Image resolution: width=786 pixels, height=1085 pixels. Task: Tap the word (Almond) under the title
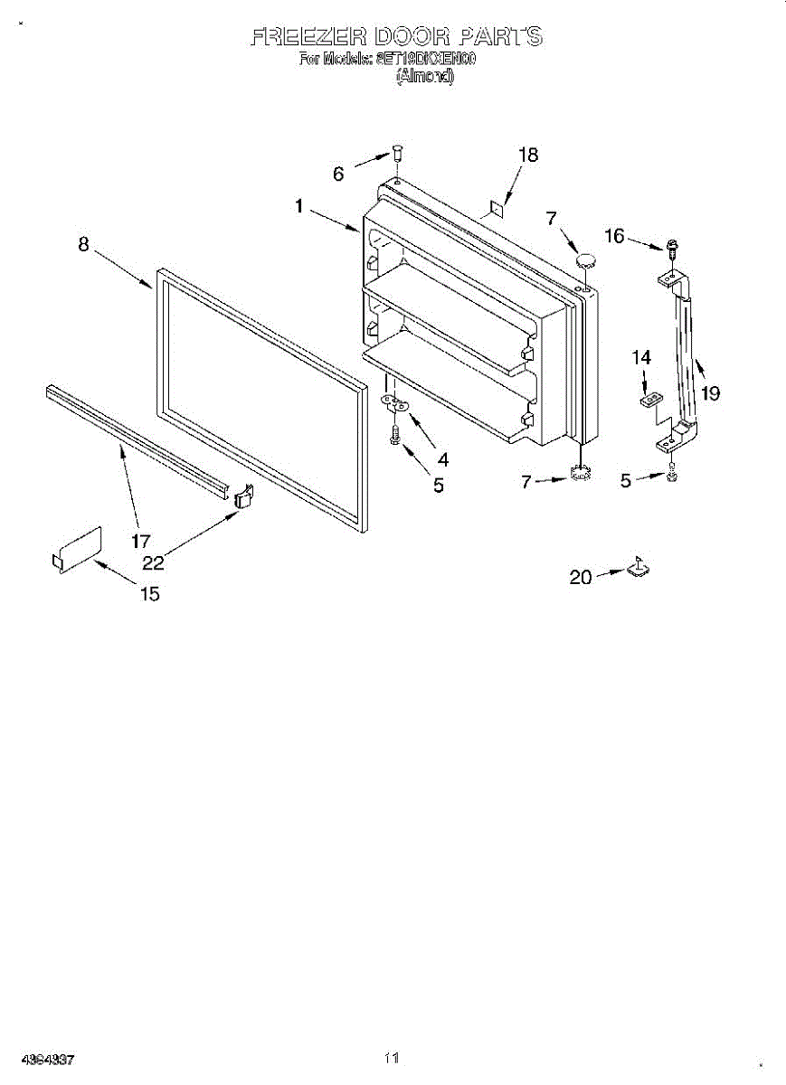tap(424, 77)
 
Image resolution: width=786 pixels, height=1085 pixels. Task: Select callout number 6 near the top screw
tap(338, 175)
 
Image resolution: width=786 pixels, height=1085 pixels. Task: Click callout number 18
tap(527, 155)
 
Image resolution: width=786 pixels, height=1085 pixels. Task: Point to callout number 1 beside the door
tap(298, 206)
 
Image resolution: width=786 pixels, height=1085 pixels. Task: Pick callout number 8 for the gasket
tap(83, 243)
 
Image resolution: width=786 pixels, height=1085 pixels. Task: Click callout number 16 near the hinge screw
tap(614, 236)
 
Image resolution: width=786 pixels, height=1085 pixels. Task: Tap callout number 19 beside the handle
tap(710, 393)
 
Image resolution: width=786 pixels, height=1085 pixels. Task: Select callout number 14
tap(641, 358)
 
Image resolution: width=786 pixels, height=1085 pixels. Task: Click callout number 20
tap(580, 577)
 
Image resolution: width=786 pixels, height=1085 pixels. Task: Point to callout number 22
tap(153, 562)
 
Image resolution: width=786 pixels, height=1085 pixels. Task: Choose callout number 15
tap(149, 594)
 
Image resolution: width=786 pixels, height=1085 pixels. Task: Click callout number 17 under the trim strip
tap(140, 542)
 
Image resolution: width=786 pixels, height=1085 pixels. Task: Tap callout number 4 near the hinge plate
tap(442, 459)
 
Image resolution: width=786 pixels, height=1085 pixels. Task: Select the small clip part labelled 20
tap(638, 567)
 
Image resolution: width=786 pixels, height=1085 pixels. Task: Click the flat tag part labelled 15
tap(77, 549)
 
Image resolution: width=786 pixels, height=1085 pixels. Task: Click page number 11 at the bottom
tap(391, 1057)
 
